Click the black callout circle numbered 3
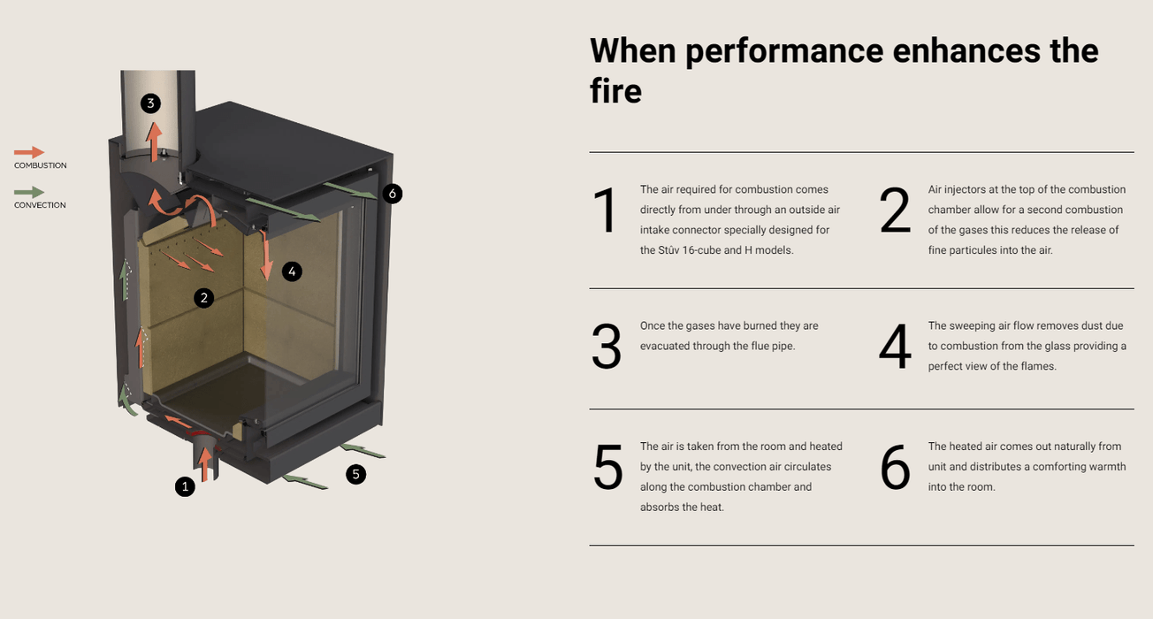150,103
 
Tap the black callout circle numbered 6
393,194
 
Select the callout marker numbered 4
292,271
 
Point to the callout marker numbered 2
204,298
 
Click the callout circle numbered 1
185,486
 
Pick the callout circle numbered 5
355,474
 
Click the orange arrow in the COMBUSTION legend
29,152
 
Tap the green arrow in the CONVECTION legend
29,192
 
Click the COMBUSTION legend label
40,165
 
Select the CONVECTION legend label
40,205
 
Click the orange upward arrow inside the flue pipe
153,141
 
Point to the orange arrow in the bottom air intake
205,464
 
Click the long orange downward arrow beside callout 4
265,256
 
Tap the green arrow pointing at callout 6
351,190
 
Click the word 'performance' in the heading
784,51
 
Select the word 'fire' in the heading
615,90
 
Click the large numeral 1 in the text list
606,210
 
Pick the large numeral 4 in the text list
895,346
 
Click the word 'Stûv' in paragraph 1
668,250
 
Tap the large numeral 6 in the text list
895,468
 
